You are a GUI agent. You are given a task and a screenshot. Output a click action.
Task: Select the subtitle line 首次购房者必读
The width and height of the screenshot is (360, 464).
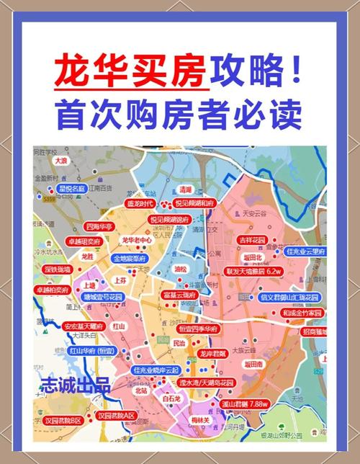tap(179, 115)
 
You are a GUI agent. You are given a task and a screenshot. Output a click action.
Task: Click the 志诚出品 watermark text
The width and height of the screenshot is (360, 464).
tap(76, 383)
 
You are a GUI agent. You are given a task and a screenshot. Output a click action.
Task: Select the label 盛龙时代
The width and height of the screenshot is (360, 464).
tap(143, 204)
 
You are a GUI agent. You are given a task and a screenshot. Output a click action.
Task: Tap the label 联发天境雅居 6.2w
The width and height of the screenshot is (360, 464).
tap(253, 272)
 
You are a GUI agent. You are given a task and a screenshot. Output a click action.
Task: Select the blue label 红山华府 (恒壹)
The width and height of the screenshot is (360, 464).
tap(92, 351)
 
